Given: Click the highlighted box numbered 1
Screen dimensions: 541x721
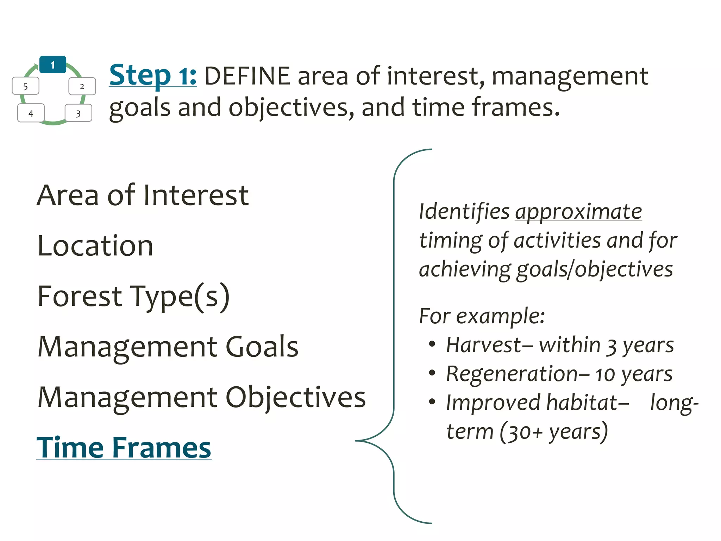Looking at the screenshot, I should [x=53, y=65].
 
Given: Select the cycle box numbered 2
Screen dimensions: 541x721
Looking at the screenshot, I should [x=82, y=86].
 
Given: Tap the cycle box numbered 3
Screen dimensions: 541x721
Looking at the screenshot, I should [x=78, y=113].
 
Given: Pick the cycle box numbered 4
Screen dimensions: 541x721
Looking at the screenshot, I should [x=31, y=113].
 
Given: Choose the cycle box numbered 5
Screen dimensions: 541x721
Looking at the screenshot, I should [x=25, y=86].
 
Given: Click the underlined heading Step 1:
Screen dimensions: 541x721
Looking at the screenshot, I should [x=153, y=75].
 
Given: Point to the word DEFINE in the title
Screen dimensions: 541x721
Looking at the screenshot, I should [x=247, y=76].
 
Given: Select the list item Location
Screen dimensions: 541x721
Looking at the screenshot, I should [x=95, y=245].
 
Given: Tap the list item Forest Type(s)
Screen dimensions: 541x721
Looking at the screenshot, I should [x=133, y=296].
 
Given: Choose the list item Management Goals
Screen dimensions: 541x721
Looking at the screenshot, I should [x=168, y=347].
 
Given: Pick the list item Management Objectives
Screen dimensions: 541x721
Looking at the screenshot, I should [x=201, y=397].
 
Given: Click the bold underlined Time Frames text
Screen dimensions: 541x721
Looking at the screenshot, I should [x=124, y=448].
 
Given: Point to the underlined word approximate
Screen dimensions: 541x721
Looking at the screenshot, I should [x=578, y=212].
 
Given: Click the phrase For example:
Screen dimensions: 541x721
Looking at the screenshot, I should [x=482, y=316].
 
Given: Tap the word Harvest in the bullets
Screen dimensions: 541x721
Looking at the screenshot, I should [x=483, y=345].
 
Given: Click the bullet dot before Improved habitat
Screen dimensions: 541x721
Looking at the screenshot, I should [x=432, y=402].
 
